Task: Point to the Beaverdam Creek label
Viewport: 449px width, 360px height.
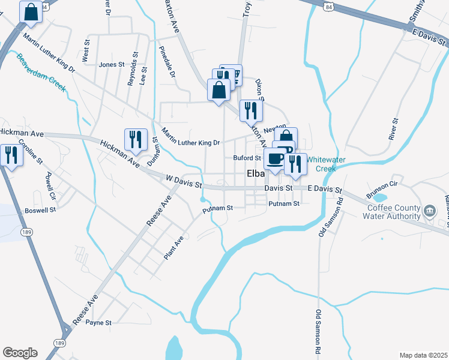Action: tap(41, 72)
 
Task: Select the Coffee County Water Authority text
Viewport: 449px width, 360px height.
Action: tap(394, 212)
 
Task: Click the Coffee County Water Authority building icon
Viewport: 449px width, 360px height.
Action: tap(430, 211)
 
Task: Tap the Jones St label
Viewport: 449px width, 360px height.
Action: tap(111, 64)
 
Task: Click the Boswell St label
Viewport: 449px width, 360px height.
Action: tap(40, 211)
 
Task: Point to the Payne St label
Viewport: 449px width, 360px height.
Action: tap(98, 322)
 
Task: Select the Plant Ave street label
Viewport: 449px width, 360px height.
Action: tap(173, 248)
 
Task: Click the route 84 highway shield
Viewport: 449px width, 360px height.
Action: tap(327, 6)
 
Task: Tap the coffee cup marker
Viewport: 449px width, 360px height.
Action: tap(276, 159)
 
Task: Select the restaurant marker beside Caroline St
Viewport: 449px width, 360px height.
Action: tap(10, 155)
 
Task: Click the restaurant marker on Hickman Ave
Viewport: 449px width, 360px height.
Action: tap(136, 139)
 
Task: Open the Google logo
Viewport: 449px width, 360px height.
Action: tap(20, 353)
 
